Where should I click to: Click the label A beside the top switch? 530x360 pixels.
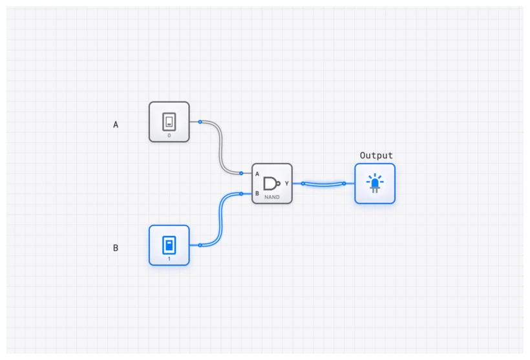pos(116,125)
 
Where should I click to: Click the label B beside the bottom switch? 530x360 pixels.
pos(116,248)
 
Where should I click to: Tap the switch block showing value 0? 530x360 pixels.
pos(169,122)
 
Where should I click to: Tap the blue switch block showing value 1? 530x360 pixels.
pos(169,245)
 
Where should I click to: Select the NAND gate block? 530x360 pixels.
pos(272,184)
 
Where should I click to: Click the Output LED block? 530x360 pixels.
pos(375,184)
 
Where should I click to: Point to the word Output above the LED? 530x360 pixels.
pos(376,156)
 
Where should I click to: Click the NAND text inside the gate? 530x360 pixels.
pos(272,196)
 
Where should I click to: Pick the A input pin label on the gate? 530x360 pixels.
pos(257,174)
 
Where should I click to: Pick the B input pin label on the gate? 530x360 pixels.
pos(257,193)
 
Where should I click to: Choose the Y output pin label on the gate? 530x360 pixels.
pos(287,184)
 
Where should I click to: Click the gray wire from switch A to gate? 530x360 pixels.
pos(221,149)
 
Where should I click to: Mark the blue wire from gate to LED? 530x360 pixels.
pos(323,185)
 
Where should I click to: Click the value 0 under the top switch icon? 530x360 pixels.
pos(169,136)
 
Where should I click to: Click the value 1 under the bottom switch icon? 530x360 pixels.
pos(169,259)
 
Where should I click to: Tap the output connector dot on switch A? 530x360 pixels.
pos(200,122)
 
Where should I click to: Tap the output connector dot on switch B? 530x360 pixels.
pos(200,245)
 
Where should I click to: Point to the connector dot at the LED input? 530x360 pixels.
pos(344,184)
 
